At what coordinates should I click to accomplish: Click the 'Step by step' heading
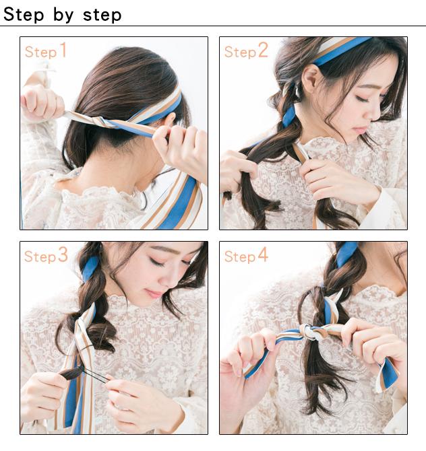(x=62, y=14)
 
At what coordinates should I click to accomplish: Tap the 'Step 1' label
(x=46, y=50)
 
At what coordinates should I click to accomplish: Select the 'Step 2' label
(x=246, y=50)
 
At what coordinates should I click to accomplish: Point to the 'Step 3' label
(x=46, y=255)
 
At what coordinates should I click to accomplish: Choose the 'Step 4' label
(x=246, y=255)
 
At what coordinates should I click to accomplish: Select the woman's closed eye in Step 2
(x=363, y=99)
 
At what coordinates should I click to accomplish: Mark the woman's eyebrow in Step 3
(x=162, y=249)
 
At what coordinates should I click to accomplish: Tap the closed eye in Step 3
(x=157, y=262)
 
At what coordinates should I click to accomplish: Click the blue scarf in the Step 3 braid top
(x=90, y=269)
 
